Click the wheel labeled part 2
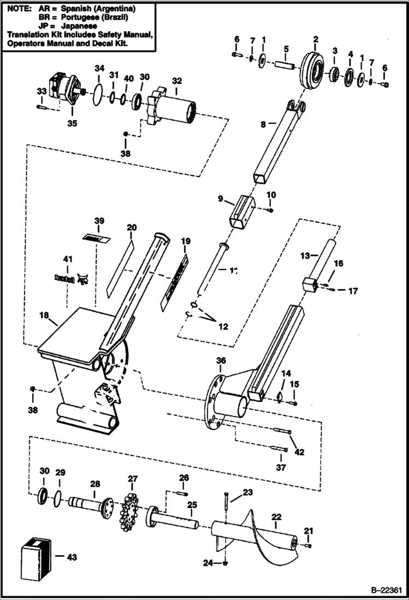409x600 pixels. click(x=316, y=68)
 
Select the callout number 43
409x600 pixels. click(x=72, y=557)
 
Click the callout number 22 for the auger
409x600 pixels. click(x=276, y=516)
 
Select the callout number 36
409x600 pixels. click(x=221, y=360)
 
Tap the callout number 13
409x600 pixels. click(x=305, y=255)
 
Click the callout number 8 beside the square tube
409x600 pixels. click(x=263, y=124)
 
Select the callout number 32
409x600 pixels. click(x=176, y=81)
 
